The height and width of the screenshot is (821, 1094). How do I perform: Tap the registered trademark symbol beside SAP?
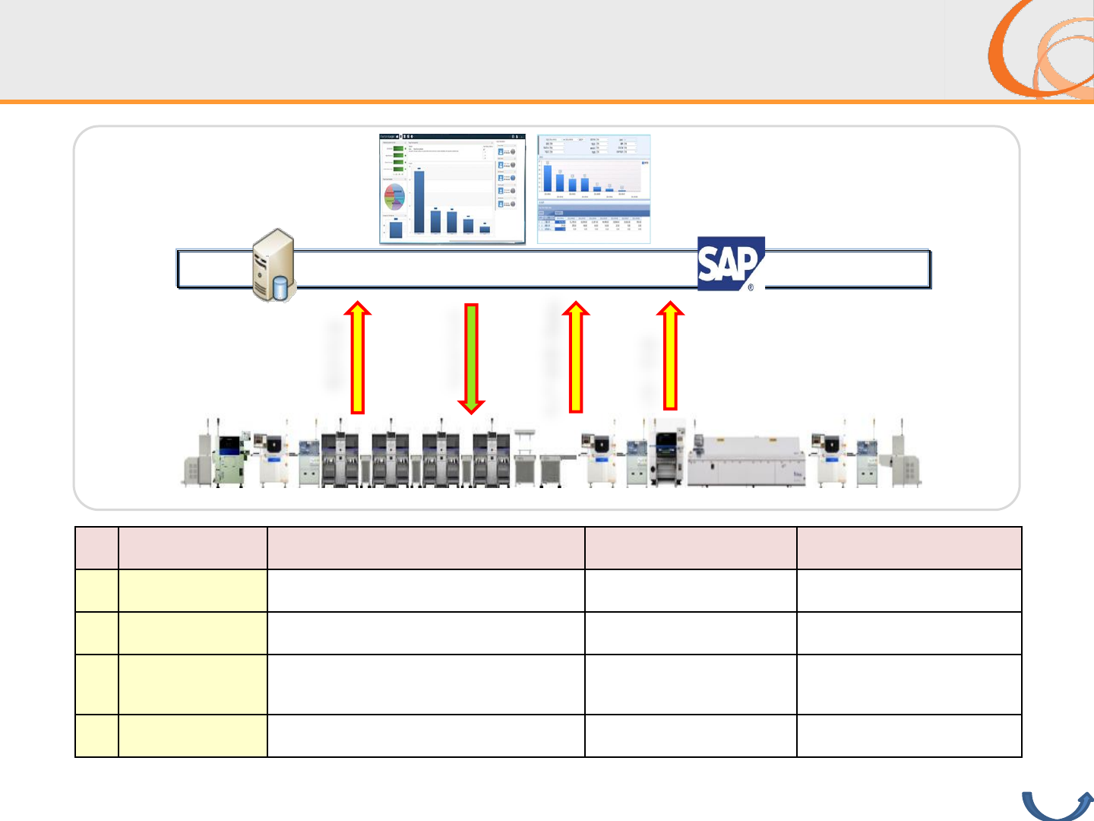pyautogui.click(x=751, y=287)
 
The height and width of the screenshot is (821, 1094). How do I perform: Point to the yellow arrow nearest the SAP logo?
pyautogui.click(x=670, y=356)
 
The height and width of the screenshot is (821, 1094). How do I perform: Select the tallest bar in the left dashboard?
pyautogui.click(x=419, y=201)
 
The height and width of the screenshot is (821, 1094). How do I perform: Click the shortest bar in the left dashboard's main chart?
pyautogui.click(x=485, y=229)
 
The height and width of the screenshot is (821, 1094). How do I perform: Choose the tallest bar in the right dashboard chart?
pyautogui.click(x=548, y=177)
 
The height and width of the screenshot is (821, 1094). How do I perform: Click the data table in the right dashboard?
pyautogui.click(x=593, y=222)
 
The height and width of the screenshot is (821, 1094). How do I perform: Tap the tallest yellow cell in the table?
pyautogui.click(x=193, y=684)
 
